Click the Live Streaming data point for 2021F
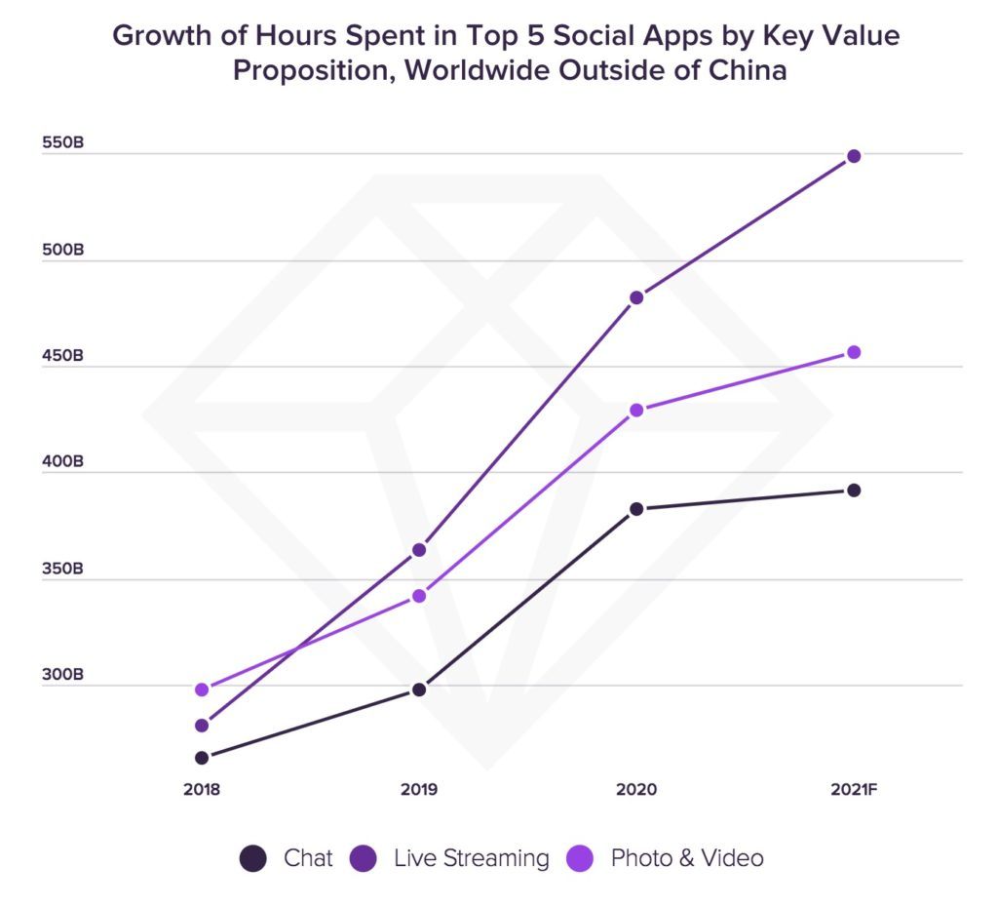[x=854, y=156]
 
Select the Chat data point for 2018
[x=202, y=758]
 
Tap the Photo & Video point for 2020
[x=636, y=411]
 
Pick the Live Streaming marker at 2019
[x=419, y=550]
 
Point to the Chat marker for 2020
[x=636, y=509]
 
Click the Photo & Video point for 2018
[x=202, y=689]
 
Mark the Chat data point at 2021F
[x=854, y=491]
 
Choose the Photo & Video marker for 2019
[x=419, y=596]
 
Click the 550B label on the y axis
[x=63, y=143]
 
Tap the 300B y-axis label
[x=63, y=674]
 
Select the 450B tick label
[x=63, y=356]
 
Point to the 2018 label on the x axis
[x=202, y=788]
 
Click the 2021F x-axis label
[x=854, y=788]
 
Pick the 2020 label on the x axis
[x=636, y=788]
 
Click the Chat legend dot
[x=252, y=858]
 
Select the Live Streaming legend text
[x=472, y=858]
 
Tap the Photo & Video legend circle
[x=580, y=858]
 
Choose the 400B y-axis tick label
[x=63, y=462]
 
